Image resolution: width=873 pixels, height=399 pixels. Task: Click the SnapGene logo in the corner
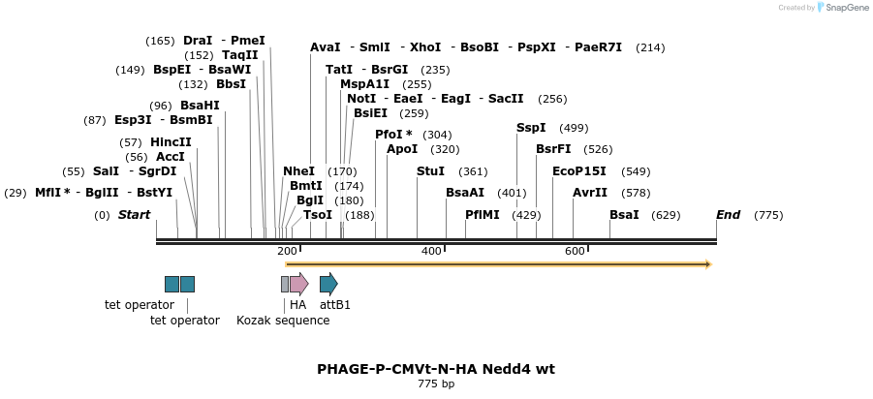pyautogui.click(x=823, y=8)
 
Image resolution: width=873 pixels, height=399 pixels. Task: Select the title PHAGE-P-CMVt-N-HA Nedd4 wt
pyautogui.click(x=436, y=369)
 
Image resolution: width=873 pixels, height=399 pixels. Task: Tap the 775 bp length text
pyautogui.click(x=436, y=384)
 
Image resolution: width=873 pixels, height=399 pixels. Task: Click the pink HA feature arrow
pyautogui.click(x=298, y=284)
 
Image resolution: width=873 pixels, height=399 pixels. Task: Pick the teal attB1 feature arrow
pyautogui.click(x=328, y=284)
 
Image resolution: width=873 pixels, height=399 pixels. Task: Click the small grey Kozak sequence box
pyautogui.click(x=285, y=284)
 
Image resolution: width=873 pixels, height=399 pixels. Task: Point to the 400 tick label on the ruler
pyautogui.click(x=431, y=252)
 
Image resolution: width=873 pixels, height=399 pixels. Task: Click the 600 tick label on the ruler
pyautogui.click(x=575, y=252)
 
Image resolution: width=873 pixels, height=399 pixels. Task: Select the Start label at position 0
pyautogui.click(x=134, y=215)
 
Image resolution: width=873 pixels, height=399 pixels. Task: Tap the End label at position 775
pyautogui.click(x=728, y=215)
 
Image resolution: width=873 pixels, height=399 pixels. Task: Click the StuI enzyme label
pyautogui.click(x=430, y=171)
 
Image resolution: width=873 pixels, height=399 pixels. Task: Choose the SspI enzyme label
pyautogui.click(x=531, y=128)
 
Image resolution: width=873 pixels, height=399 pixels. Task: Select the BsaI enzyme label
pyautogui.click(x=624, y=215)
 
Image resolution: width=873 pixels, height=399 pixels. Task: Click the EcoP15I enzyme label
pyautogui.click(x=579, y=171)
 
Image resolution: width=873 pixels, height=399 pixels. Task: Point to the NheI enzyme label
pyautogui.click(x=298, y=171)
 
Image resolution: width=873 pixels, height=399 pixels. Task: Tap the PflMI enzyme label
pyautogui.click(x=483, y=215)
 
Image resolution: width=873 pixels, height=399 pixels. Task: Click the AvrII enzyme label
pyautogui.click(x=590, y=193)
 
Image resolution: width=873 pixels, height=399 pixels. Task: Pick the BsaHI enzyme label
pyautogui.click(x=200, y=106)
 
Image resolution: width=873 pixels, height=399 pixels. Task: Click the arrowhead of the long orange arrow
pyautogui.click(x=708, y=263)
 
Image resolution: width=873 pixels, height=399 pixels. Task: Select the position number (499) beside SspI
pyautogui.click(x=575, y=128)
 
